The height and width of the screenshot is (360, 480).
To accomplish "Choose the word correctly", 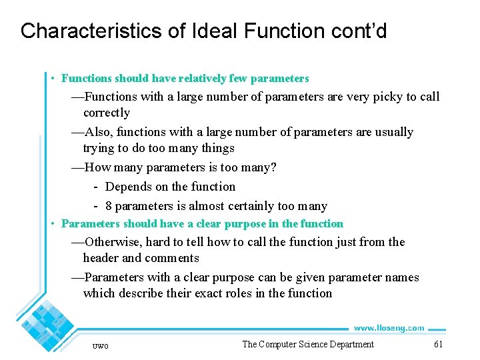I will pos(106,113).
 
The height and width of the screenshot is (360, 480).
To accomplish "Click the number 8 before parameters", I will pos(109,206).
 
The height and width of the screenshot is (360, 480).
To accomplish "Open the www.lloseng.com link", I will pos(389,328).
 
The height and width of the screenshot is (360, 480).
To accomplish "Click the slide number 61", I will pos(438,344).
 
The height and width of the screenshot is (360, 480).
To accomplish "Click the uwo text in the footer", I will pos(101,345).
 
